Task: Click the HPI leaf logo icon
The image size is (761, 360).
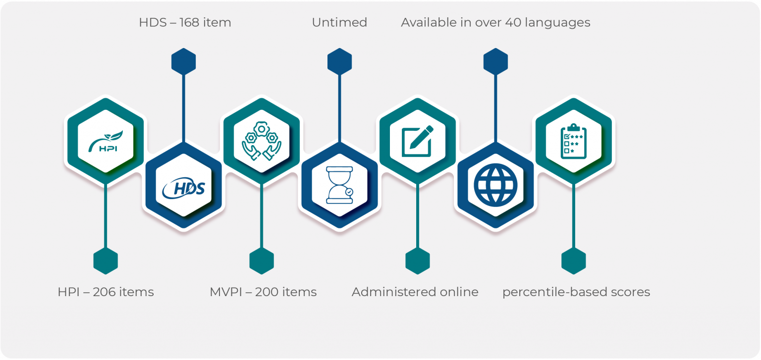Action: [x=106, y=141]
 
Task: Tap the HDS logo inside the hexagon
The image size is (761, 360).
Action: [x=184, y=187]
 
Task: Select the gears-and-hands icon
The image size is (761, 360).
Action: [x=262, y=141]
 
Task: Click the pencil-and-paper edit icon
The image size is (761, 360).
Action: [x=417, y=141]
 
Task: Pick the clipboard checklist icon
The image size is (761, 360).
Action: [x=573, y=141]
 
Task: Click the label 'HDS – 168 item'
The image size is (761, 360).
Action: [x=185, y=23]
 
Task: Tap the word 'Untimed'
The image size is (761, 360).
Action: [x=339, y=23]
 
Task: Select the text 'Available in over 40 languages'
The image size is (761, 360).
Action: [x=495, y=23]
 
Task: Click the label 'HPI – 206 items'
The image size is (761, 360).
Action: [x=106, y=292]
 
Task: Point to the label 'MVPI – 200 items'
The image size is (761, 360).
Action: [x=263, y=292]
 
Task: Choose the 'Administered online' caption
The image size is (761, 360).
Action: [x=415, y=292]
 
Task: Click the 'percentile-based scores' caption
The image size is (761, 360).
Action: [x=576, y=292]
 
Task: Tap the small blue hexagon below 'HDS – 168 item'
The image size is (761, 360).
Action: [x=184, y=62]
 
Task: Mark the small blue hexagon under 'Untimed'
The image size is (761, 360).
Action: [x=339, y=62]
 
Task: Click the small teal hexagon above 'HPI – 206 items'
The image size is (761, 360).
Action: [x=106, y=260]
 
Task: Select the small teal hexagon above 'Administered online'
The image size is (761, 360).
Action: [x=418, y=260]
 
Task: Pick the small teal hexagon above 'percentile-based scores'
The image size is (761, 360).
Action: [x=573, y=260]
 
